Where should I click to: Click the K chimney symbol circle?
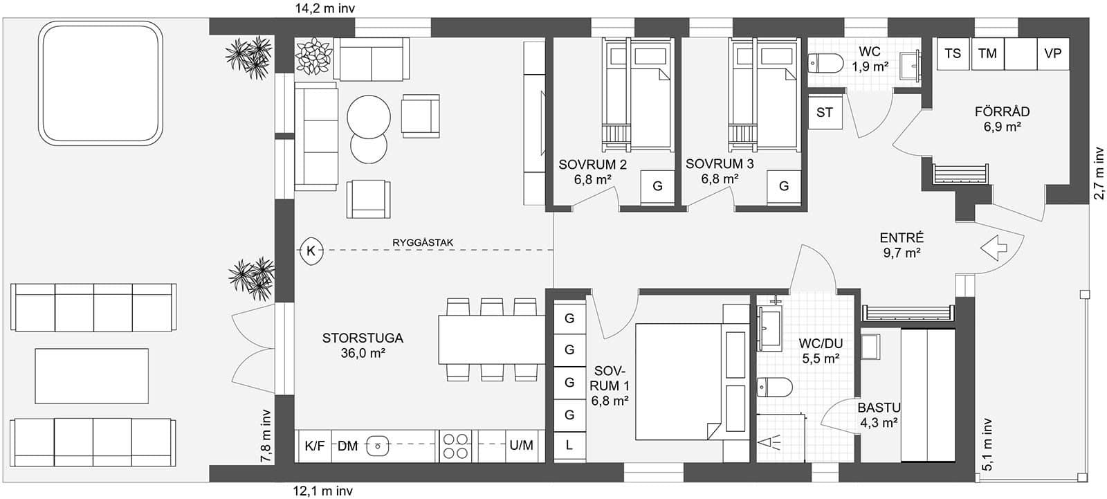point(311,250)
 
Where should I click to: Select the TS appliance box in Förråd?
point(953,53)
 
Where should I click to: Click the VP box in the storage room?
point(1052,53)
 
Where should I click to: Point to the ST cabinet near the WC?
point(825,112)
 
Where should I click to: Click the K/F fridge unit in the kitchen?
point(315,446)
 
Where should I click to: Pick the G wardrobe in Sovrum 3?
point(784,186)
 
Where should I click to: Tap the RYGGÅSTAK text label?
point(422,242)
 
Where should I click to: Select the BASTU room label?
point(879,408)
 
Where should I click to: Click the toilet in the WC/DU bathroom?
point(774,387)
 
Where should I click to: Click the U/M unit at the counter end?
point(521,446)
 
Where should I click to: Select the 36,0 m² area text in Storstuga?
point(362,353)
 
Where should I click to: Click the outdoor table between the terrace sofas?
point(92,376)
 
